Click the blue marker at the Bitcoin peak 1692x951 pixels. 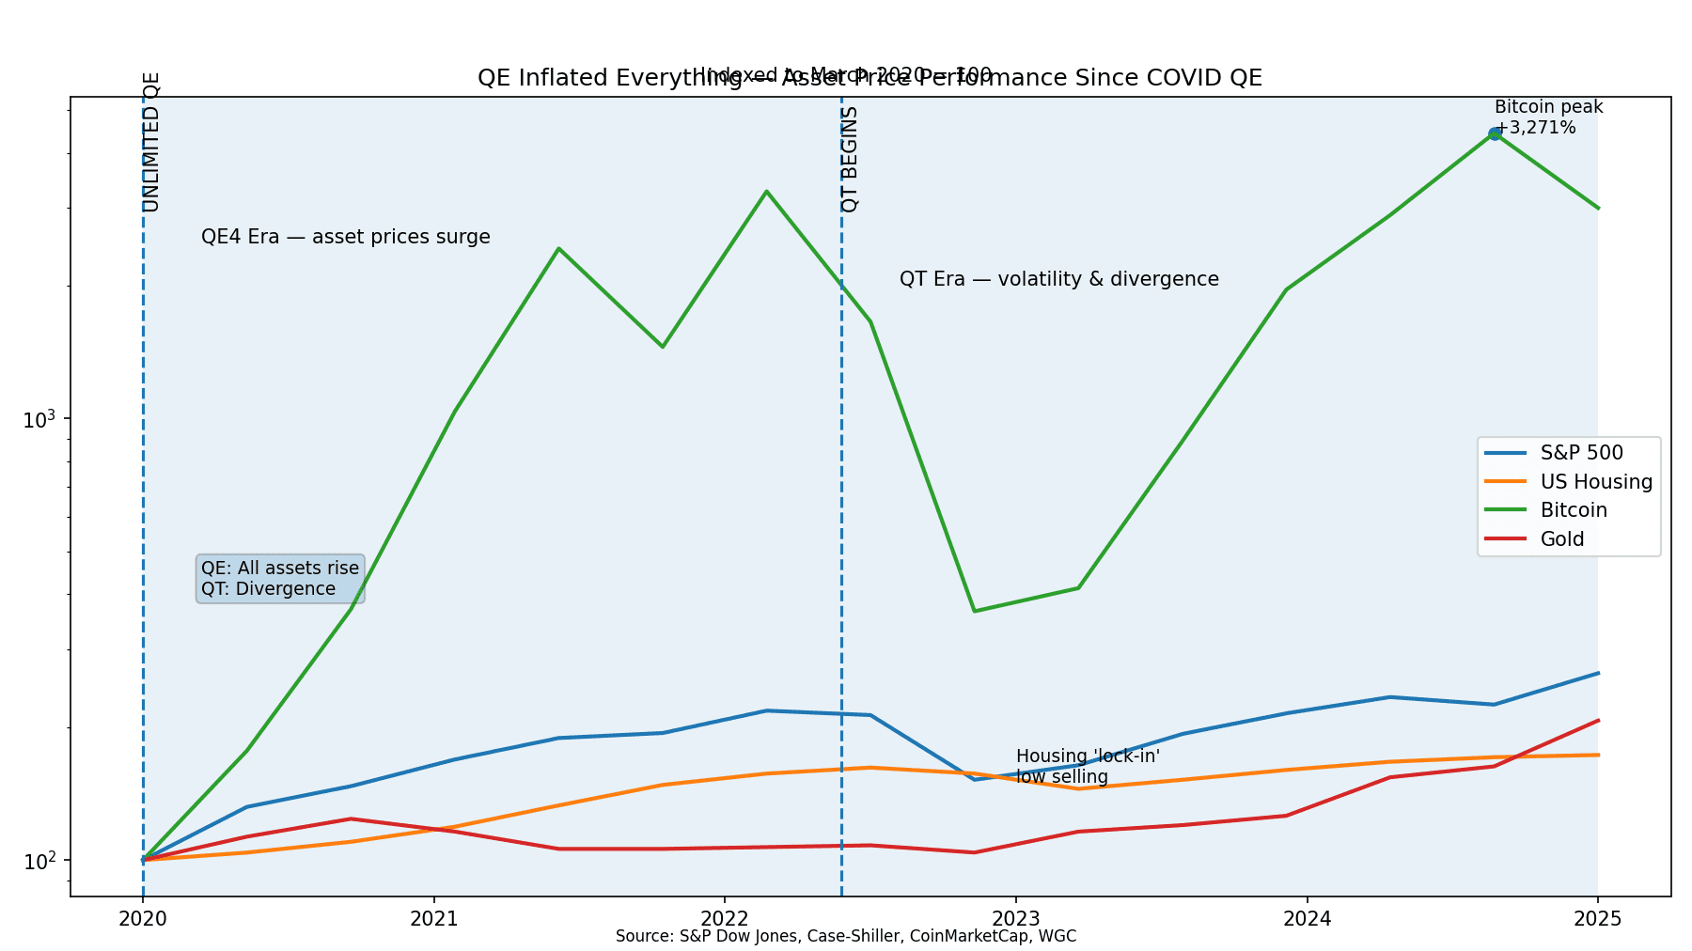click(1495, 133)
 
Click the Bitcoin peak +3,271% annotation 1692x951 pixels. click(1547, 117)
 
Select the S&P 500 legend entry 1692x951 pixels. click(1580, 453)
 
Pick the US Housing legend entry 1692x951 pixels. click(1595, 482)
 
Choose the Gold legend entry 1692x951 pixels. click(1561, 539)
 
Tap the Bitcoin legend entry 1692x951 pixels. click(1573, 510)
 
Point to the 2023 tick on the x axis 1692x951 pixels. click(1015, 918)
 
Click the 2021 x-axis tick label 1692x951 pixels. click(433, 918)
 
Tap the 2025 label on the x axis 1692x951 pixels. click(1597, 918)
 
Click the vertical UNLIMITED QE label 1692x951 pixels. click(151, 142)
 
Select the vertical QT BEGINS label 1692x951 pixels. click(850, 159)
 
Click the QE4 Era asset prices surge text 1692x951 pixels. click(346, 237)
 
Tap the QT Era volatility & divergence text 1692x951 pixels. click(1058, 279)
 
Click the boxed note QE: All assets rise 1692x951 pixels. click(280, 579)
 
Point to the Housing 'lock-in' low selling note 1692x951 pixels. click(1088, 767)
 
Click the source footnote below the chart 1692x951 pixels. click(845, 936)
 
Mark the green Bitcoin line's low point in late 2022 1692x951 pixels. click(975, 611)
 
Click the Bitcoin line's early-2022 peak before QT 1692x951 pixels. click(767, 192)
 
